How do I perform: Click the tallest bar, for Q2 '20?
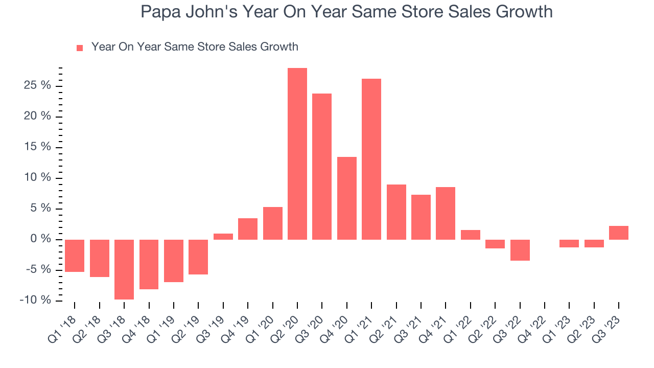tap(297, 153)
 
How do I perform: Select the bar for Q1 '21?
tap(371, 159)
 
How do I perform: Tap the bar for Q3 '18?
tap(124, 269)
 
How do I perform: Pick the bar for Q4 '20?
tap(347, 198)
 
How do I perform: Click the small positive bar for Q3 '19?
tap(223, 237)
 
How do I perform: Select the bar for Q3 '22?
tap(520, 250)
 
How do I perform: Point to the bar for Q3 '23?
tap(619, 233)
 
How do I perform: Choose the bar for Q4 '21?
tap(446, 213)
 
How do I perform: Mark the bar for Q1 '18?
tap(75, 256)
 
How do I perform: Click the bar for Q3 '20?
tap(322, 167)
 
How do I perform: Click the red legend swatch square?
tap(80, 48)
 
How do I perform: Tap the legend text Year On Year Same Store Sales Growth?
tap(195, 47)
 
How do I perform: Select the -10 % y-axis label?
tap(35, 300)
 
